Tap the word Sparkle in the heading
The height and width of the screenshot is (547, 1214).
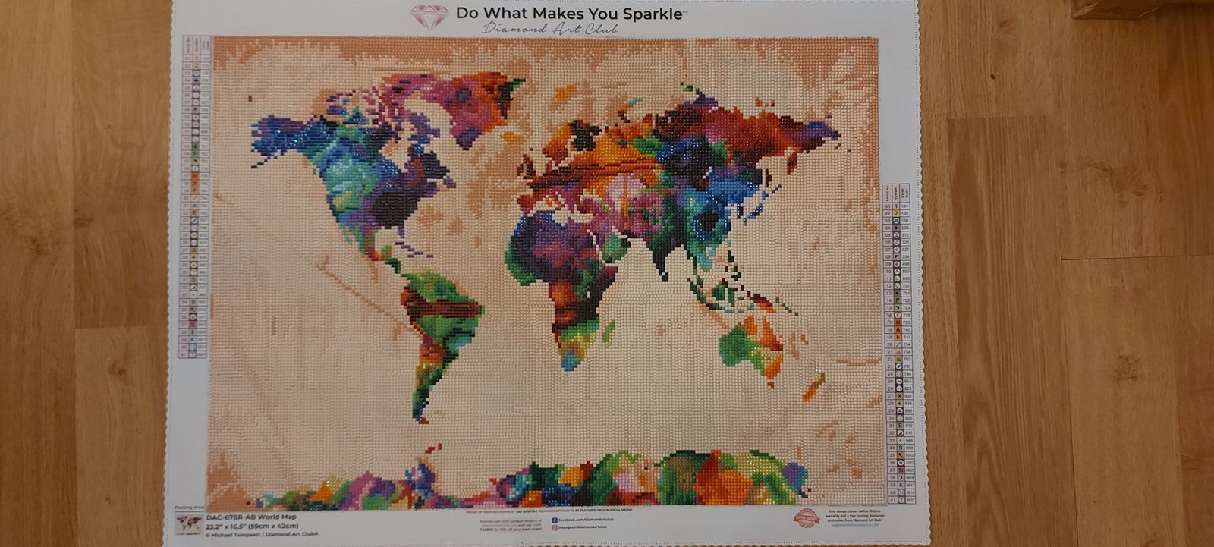pyautogui.click(x=649, y=13)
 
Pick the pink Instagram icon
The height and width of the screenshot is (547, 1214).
pyautogui.click(x=555, y=527)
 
